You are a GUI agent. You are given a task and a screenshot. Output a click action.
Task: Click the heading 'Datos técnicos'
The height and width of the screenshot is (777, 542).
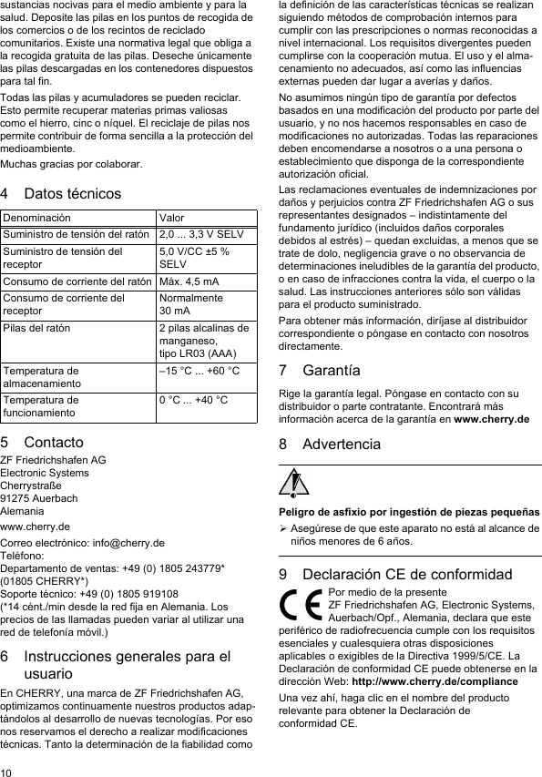click(72, 194)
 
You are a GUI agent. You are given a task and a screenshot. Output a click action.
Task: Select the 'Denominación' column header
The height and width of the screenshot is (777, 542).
click(36, 219)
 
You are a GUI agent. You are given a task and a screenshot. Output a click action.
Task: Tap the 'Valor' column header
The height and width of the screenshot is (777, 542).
click(171, 219)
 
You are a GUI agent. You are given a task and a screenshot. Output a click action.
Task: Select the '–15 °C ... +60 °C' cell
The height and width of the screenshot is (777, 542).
click(199, 371)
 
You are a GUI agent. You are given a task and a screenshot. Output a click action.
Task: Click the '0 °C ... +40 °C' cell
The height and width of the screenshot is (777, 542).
click(193, 400)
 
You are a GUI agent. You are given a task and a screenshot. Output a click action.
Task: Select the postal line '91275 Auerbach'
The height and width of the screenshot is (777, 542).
click(39, 498)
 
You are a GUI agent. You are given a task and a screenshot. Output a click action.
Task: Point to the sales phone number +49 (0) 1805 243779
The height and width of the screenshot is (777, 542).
click(169, 568)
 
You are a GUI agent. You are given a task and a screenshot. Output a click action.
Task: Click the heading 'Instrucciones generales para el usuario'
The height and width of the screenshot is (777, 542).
click(127, 664)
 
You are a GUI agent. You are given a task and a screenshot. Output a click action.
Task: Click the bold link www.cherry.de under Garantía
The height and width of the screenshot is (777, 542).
click(492, 419)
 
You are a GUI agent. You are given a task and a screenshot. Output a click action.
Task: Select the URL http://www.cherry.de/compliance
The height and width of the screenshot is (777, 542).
click(430, 681)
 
